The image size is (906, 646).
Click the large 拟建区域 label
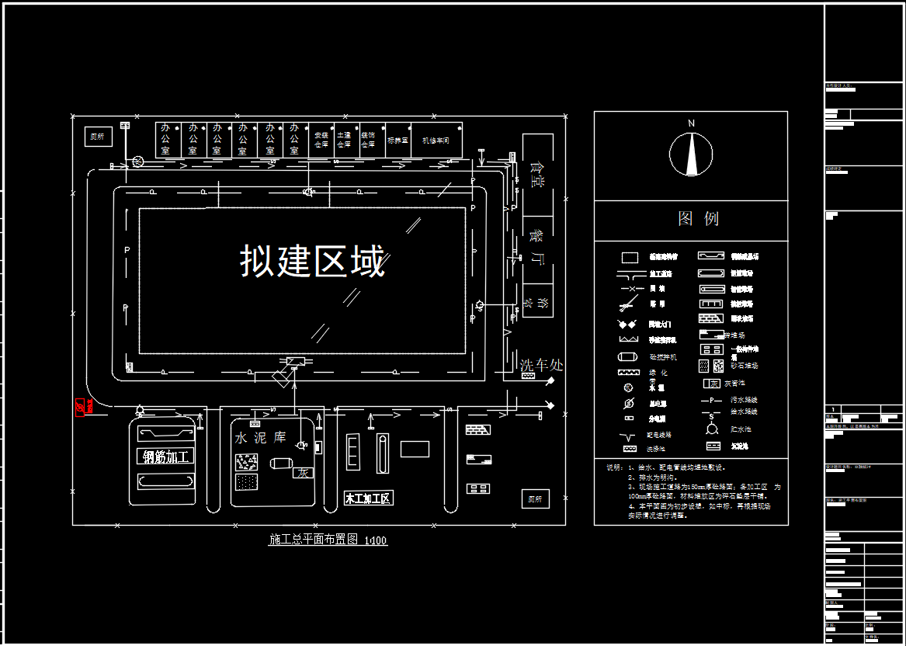coord(312,261)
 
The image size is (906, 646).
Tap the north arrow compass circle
coord(691,154)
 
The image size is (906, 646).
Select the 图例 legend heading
coord(698,219)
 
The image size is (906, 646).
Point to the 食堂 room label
coord(536,174)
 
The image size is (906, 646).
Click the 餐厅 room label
coord(536,246)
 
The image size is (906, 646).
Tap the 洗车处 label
coord(541,364)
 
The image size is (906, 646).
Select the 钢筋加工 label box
coord(166,457)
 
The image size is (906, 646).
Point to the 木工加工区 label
coord(368,498)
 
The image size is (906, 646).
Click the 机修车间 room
coord(436,141)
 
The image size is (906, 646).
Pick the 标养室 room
coord(397,141)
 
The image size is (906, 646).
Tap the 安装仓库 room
coord(321,140)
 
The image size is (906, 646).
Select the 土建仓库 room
coord(344,140)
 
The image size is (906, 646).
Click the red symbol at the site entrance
coord(79,407)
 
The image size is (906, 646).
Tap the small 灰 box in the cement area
coord(302,472)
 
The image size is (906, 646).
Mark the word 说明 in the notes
coord(613,467)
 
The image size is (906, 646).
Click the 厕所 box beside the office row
coord(97,137)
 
